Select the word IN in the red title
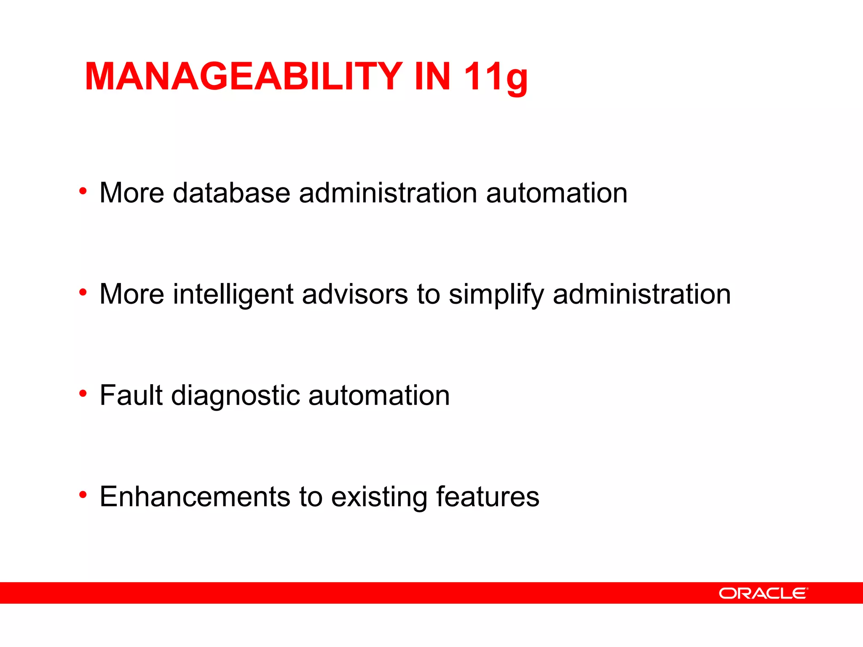click(432, 77)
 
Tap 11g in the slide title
click(496, 78)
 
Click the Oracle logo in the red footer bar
click(763, 593)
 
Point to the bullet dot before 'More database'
click(83, 191)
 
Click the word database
click(231, 193)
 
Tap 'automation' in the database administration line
click(557, 193)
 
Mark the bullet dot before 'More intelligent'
click(83, 292)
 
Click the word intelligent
click(233, 294)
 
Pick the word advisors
click(355, 294)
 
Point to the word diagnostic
click(235, 396)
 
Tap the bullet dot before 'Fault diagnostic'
click(83, 393)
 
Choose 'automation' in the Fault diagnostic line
click(379, 396)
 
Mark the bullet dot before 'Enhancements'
click(83, 495)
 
